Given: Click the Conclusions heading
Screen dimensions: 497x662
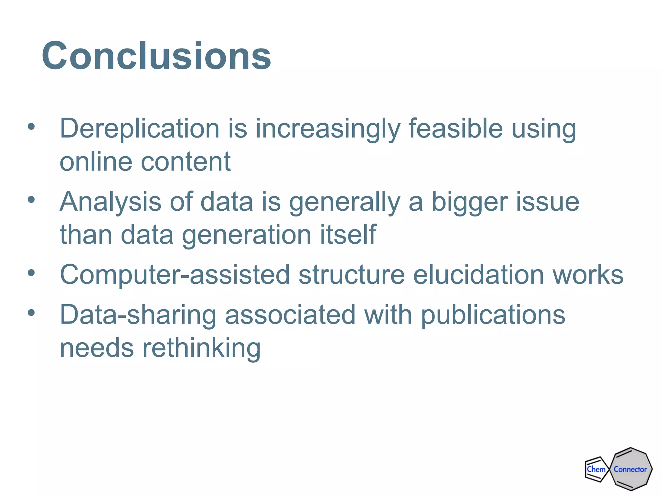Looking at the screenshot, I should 156,56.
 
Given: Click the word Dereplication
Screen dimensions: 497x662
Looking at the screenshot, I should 140,128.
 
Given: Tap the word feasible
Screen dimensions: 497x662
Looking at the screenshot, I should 455,128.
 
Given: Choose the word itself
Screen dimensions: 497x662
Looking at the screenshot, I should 348,234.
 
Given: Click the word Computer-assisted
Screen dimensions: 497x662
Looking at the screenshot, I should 175,275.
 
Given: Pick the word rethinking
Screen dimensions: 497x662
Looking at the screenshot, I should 201,348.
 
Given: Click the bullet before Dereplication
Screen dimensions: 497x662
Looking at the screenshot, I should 31,127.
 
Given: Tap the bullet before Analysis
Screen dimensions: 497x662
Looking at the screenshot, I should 31,200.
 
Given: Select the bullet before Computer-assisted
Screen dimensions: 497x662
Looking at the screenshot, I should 31,273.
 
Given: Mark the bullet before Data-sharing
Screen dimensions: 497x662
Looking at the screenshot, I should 31,313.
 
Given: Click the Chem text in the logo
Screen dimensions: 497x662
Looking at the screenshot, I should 596,469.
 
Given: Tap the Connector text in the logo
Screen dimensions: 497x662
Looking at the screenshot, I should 630,469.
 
